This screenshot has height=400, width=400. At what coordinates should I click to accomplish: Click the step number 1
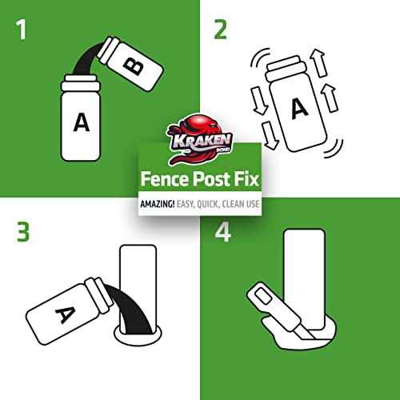point(22,30)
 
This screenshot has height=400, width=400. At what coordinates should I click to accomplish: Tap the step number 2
point(220,30)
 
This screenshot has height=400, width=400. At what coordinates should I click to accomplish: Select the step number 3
point(23,232)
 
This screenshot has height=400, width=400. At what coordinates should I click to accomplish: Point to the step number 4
point(222,232)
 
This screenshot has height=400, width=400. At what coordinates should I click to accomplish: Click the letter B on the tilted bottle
point(133,66)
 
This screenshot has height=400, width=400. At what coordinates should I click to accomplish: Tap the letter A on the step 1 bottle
point(81,122)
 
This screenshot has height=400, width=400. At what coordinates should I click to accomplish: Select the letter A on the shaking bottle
point(299,108)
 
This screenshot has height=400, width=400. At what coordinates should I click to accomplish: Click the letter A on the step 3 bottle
point(66,314)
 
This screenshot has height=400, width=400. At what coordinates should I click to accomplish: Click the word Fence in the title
point(165,179)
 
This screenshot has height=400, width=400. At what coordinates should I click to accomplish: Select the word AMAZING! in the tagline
point(158,204)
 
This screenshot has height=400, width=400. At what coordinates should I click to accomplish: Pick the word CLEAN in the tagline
point(234,204)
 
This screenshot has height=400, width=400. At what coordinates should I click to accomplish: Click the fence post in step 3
point(138,282)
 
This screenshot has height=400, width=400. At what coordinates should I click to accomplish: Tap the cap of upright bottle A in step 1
point(81,82)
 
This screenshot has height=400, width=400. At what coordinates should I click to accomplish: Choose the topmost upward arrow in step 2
point(320,63)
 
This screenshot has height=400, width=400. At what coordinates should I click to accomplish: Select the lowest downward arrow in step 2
point(270,135)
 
